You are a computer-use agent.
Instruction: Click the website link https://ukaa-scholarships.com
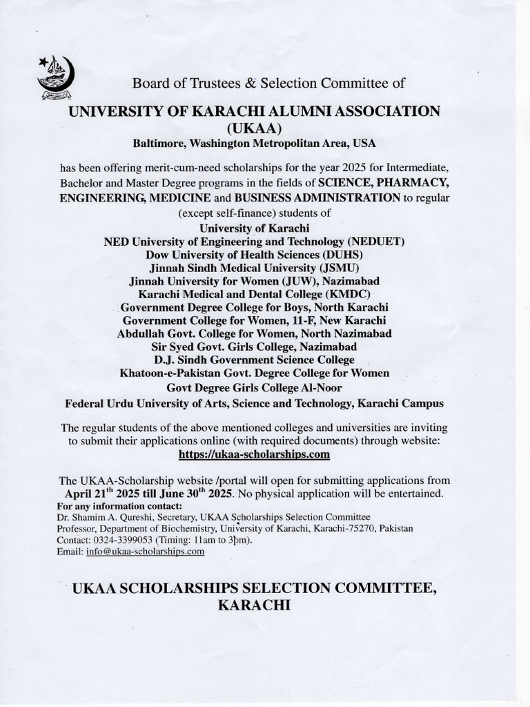coord(254,454)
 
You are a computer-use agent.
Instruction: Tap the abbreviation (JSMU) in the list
coord(337,267)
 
